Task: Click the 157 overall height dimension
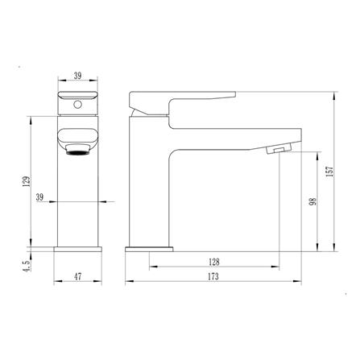coord(329,172)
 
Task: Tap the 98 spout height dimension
coord(313,201)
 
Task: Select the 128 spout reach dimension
coord(214,262)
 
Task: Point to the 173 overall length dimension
coord(213,276)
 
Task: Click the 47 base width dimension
coord(78,276)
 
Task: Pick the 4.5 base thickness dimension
coord(27,266)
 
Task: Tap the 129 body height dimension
coord(27,181)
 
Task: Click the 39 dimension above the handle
coord(77,76)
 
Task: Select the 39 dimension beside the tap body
coord(39,197)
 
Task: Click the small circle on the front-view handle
coord(77,105)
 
